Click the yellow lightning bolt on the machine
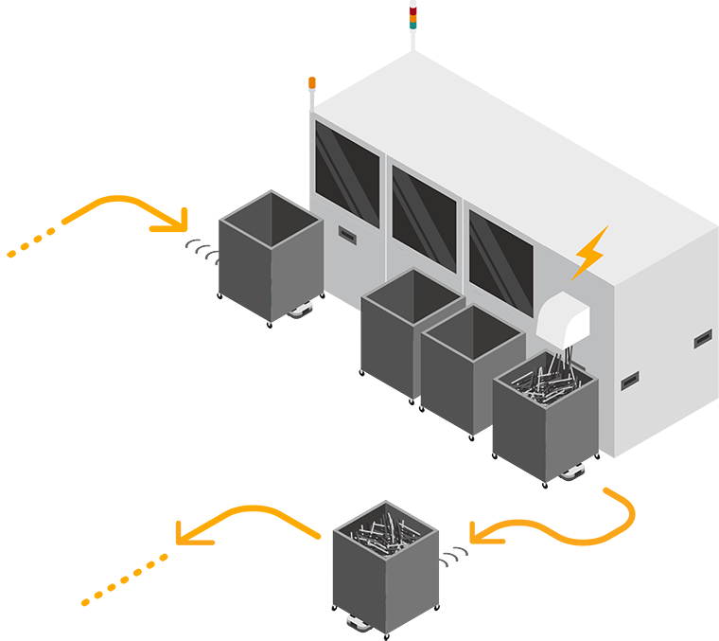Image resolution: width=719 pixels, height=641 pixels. pyautogui.click(x=589, y=253)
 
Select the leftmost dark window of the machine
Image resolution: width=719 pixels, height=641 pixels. pyautogui.click(x=347, y=175)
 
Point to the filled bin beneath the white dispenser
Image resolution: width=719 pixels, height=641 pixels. pyautogui.click(x=546, y=417)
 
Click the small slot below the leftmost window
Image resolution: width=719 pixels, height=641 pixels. pyautogui.click(x=347, y=234)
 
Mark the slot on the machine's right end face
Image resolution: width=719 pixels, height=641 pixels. pyautogui.click(x=703, y=338)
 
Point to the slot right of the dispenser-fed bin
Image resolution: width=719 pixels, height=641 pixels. pyautogui.click(x=630, y=382)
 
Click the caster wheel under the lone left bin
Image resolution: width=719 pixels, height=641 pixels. pyautogui.click(x=302, y=309)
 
